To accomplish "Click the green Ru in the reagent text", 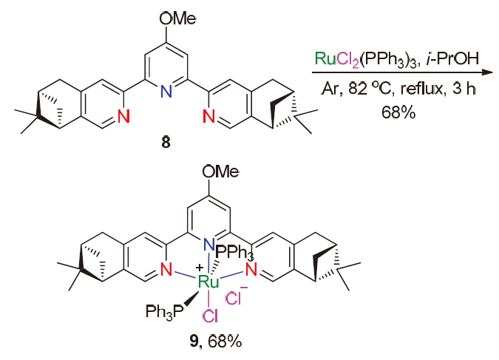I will tap(324, 58).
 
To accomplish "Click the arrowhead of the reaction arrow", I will tap(489, 73).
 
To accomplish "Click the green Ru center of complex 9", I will tap(209, 281).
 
